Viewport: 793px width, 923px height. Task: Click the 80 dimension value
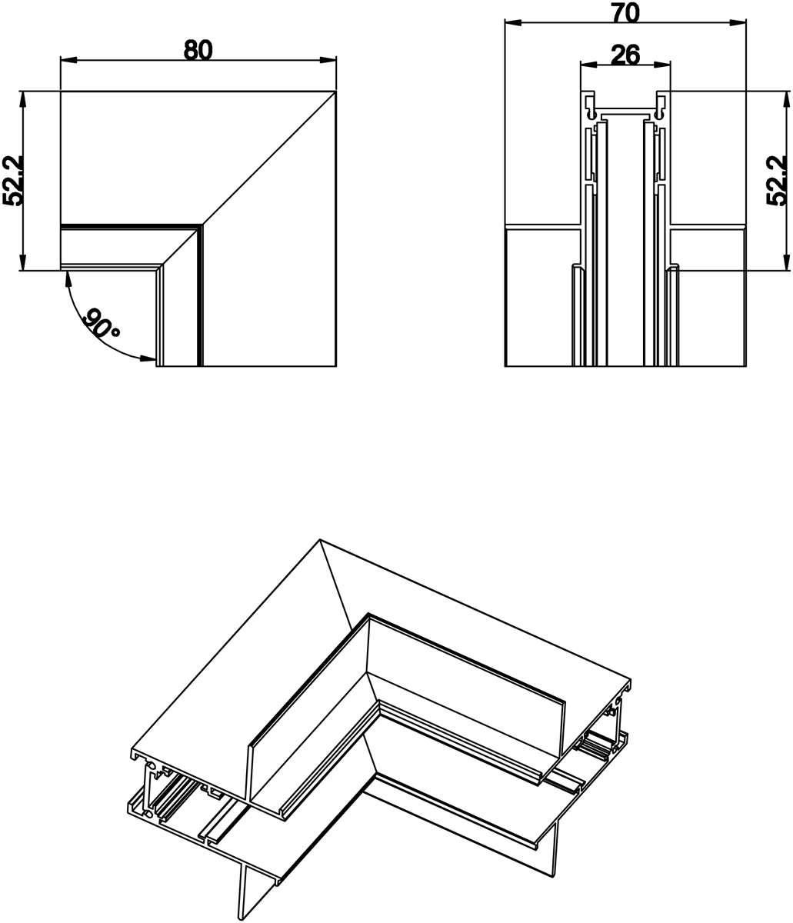pos(198,49)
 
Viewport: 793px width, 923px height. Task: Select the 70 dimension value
pos(625,12)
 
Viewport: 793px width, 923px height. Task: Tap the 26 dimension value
pos(625,55)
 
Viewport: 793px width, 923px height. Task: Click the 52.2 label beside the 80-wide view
pos(14,181)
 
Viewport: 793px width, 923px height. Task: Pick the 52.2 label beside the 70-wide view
pos(778,181)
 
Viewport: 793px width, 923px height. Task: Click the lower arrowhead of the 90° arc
pos(148,358)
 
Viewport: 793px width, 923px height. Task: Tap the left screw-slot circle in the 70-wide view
pos(591,114)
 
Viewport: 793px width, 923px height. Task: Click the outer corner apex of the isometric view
pos(320,539)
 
